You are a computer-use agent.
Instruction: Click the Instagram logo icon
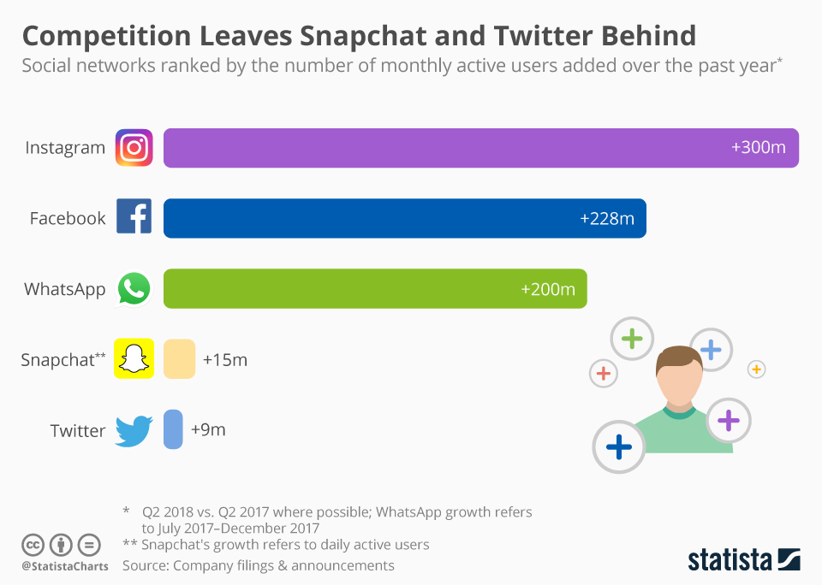coord(134,147)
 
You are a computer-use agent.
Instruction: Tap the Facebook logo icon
coord(134,217)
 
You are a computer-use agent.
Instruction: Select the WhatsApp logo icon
coord(134,288)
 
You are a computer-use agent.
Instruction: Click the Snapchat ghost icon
coord(134,358)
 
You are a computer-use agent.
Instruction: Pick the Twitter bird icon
coord(134,430)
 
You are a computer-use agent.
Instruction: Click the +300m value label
coord(758,147)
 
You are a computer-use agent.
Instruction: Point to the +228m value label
coord(607,218)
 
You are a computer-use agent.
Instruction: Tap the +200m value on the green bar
coord(548,289)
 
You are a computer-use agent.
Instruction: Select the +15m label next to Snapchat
coord(225,360)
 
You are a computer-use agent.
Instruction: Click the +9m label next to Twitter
coord(208,430)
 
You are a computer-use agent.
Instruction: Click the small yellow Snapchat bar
coord(179,359)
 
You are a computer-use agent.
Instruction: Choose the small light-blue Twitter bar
coord(173,429)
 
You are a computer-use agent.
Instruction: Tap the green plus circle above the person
coord(632,339)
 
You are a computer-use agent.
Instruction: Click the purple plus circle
coord(728,420)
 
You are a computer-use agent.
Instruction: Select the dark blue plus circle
coord(618,446)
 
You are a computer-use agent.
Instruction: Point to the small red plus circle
coord(603,373)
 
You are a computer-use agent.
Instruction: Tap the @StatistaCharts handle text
coord(64,566)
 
